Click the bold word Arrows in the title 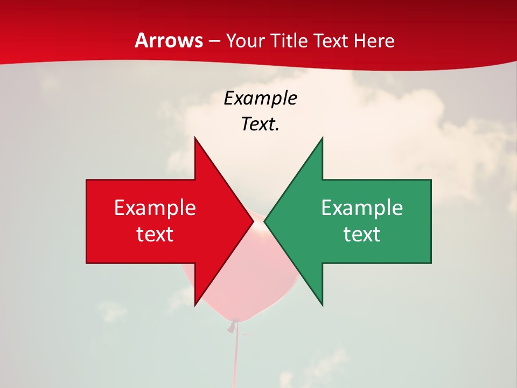point(169,40)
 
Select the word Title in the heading point(290,40)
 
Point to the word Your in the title point(245,41)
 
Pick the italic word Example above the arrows point(261,98)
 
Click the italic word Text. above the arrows point(261,124)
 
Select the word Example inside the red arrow point(155,208)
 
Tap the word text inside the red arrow point(155,234)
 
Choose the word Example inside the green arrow point(362,208)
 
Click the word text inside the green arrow point(362,234)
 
